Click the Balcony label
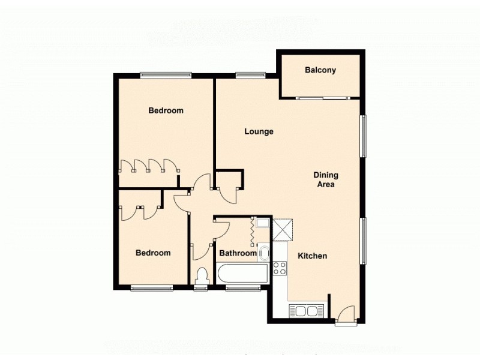320,70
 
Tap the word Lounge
259,131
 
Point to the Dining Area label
326,180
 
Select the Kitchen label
313,256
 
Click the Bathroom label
238,253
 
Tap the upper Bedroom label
166,110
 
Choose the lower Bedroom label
153,253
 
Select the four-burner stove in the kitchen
280,268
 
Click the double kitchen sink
307,310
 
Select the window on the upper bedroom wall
166,75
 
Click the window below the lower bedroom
152,288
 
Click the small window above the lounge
251,75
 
